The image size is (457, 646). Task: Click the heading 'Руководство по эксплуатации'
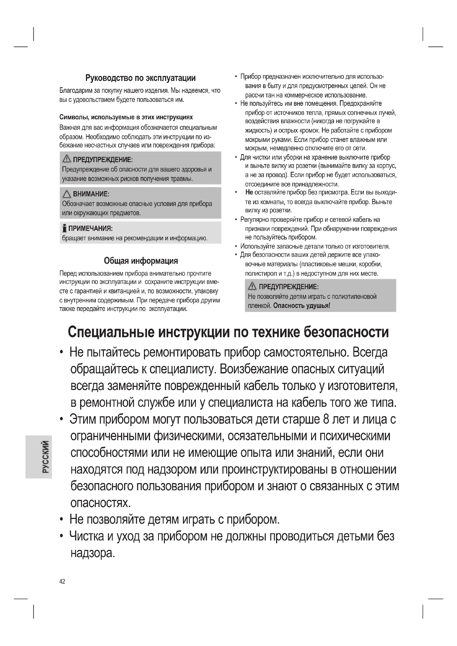coord(140,78)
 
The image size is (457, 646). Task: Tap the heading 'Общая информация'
coord(141,260)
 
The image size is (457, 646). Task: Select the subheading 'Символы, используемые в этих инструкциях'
coord(126,117)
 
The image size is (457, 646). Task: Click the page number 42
coord(62,581)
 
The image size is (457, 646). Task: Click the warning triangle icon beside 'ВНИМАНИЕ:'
coord(67,194)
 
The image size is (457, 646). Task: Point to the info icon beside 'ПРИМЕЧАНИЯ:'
coord(65,228)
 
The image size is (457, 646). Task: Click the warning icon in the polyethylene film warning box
coord(252,286)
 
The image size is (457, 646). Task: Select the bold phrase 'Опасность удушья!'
coord(302,305)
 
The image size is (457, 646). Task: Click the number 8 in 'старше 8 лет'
coord(326,419)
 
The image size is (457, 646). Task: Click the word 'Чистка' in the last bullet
coord(87,536)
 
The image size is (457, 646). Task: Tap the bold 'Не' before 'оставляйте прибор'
coord(249,193)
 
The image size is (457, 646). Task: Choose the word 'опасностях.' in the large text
coord(101,503)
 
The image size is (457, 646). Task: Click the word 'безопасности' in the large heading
coord(346,332)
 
